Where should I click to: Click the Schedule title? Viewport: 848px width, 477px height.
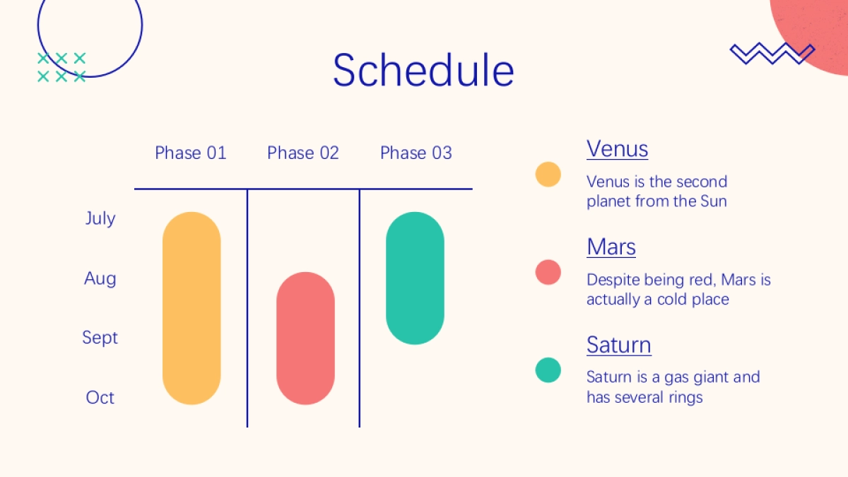click(x=423, y=70)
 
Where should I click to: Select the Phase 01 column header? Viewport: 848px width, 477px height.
click(x=190, y=153)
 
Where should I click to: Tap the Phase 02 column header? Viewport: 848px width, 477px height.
click(x=303, y=153)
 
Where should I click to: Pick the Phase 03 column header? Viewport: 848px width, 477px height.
click(x=416, y=153)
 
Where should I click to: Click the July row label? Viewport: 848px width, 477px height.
click(x=100, y=219)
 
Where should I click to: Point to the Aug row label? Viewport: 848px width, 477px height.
click(x=100, y=279)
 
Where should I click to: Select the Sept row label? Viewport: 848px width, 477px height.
click(x=100, y=338)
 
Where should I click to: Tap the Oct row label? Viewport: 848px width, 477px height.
click(x=100, y=397)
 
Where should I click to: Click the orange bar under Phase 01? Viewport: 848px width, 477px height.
click(x=192, y=308)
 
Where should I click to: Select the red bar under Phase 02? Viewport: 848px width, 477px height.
click(x=305, y=338)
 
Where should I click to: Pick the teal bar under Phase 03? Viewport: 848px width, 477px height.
click(x=415, y=278)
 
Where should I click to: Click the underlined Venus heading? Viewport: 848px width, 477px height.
click(x=617, y=149)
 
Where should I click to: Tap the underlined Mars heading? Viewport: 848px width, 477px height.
click(x=611, y=247)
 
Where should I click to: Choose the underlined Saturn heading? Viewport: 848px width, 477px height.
click(x=619, y=345)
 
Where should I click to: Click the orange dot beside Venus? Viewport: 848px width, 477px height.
click(x=548, y=175)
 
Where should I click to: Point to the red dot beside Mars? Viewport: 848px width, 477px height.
click(x=548, y=272)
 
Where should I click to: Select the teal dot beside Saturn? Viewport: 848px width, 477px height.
click(x=548, y=370)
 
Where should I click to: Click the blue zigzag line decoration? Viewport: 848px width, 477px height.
click(x=772, y=54)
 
